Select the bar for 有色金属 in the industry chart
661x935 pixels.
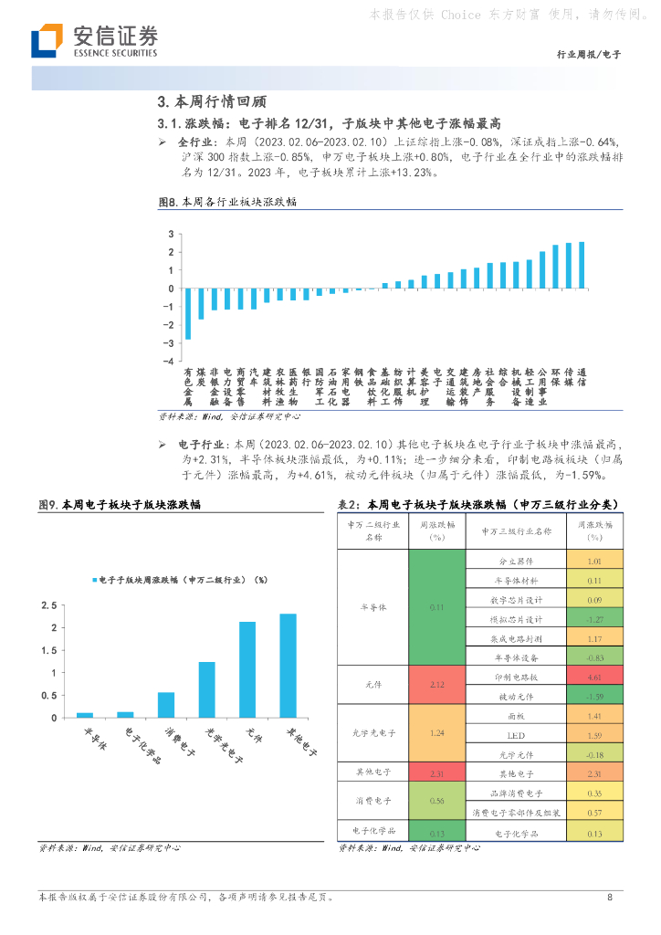click(188, 313)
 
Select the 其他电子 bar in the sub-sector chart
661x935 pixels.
click(288, 666)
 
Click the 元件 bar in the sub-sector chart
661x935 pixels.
click(247, 669)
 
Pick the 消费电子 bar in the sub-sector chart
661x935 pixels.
click(165, 705)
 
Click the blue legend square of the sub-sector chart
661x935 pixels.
click(93, 580)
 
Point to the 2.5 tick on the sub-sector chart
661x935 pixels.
click(48, 605)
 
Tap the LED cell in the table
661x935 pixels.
click(517, 734)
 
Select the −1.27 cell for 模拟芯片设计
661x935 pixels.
click(594, 619)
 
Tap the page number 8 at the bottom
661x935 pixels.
click(610, 897)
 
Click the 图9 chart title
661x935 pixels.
click(120, 505)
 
